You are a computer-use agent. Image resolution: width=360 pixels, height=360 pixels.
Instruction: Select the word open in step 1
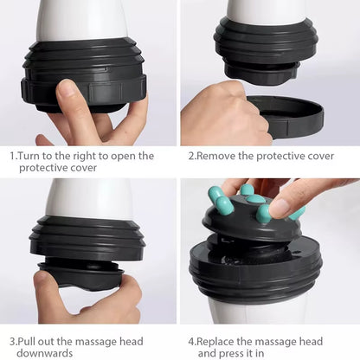115,157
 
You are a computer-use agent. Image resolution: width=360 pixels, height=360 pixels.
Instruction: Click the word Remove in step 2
219,157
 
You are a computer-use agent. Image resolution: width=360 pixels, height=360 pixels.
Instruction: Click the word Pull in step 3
29,341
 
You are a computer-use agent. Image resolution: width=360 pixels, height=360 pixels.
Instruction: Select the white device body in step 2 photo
268,10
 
